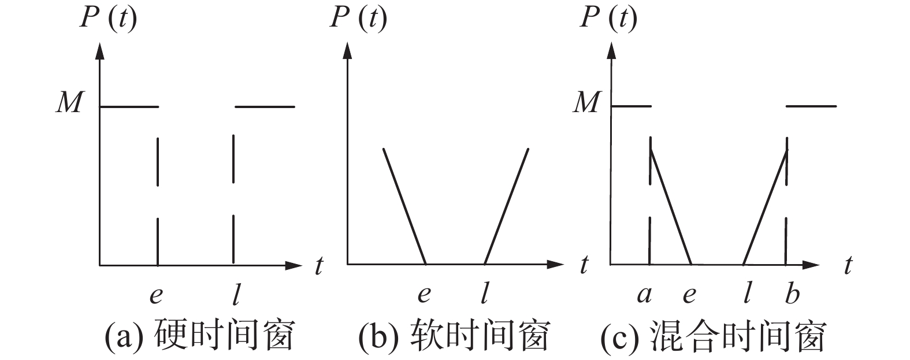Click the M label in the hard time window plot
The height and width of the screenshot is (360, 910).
69,103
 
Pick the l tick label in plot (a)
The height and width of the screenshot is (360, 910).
235,295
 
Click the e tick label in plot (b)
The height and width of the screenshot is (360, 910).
424,295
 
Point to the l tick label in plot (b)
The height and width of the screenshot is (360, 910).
484,295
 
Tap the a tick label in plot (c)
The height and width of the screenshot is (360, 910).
644,295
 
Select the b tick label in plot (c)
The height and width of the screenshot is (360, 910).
792,294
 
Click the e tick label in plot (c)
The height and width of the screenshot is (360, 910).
689,295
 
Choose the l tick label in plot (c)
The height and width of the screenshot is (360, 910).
747,295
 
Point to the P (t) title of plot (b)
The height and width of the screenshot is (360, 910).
358,18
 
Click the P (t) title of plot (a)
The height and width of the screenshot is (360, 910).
108,18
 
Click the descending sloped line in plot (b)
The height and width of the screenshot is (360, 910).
404,206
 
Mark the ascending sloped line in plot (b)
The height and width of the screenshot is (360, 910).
506,206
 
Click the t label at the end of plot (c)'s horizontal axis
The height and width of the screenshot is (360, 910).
848,266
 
